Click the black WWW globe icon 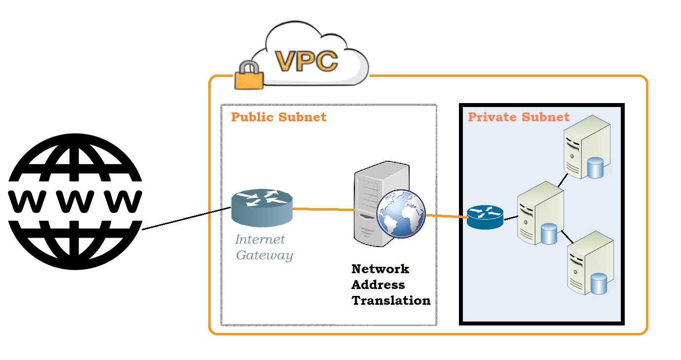coord(75,201)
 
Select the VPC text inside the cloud coord(306,61)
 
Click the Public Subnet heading coord(279,117)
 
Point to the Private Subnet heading coord(519,117)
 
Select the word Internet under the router coord(260,240)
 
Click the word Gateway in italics coord(265,255)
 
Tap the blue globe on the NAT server coord(401,214)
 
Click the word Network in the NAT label coord(380,269)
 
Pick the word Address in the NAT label coord(378,285)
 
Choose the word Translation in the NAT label coord(391,300)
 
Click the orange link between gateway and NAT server coord(323,209)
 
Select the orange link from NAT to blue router coord(446,216)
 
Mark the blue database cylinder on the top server coord(596,168)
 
